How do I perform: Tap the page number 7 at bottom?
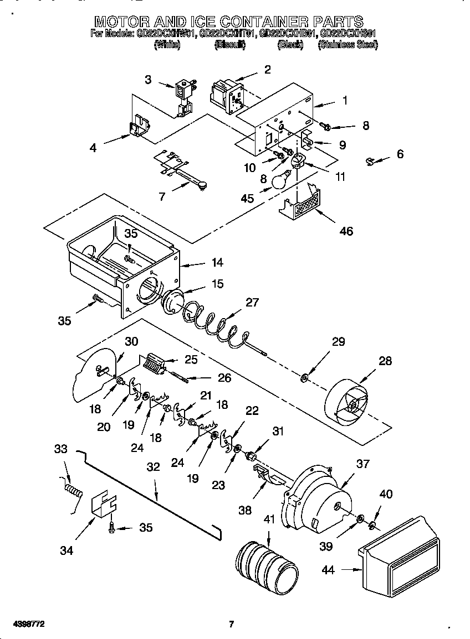[232, 625]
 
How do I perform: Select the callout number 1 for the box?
[344, 101]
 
